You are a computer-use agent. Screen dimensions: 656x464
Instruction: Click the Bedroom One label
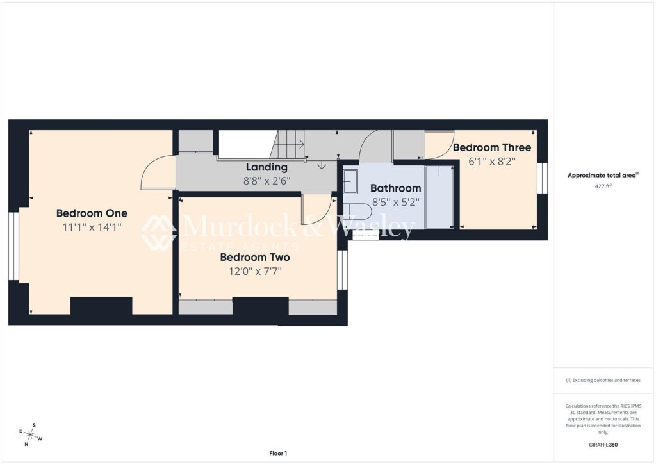[x=92, y=213]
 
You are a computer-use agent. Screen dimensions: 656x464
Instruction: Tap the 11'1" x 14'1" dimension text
[x=92, y=227]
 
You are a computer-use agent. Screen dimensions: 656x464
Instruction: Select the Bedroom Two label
[x=255, y=257]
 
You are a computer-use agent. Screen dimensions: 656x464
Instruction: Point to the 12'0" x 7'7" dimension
[x=255, y=272]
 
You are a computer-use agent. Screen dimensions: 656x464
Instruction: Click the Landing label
[x=266, y=167]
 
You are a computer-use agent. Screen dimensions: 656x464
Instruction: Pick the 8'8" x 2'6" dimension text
[x=267, y=181]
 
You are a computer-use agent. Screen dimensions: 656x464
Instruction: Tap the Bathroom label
[x=395, y=188]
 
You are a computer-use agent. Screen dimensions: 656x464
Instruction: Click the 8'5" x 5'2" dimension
[x=395, y=203]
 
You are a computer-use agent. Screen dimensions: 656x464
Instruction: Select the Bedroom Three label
[x=492, y=147]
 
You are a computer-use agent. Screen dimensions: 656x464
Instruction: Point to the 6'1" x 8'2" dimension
[x=492, y=162]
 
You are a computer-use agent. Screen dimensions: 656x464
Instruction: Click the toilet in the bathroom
[x=357, y=212]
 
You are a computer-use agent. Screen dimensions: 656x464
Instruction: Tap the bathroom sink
[x=350, y=181]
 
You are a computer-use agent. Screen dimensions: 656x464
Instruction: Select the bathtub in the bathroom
[x=439, y=197]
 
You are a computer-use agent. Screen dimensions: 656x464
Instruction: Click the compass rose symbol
[x=30, y=435]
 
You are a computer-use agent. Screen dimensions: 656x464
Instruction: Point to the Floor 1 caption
[x=278, y=453]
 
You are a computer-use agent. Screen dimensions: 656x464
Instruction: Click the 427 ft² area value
[x=603, y=186]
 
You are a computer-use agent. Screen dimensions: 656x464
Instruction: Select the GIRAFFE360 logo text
[x=603, y=445]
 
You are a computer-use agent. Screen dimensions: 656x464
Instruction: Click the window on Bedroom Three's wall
[x=542, y=178]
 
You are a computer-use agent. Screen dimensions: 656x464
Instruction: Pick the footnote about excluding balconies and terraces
[x=603, y=380]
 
